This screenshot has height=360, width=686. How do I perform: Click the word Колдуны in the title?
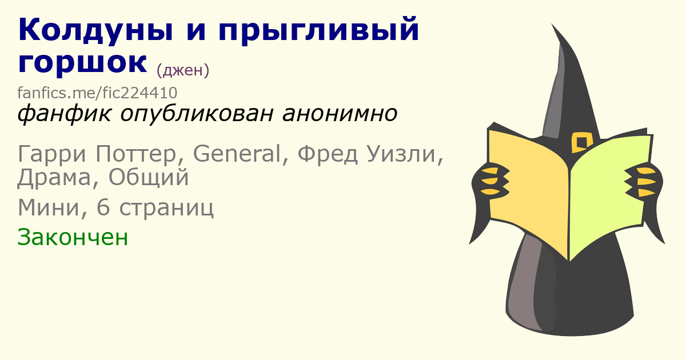click(95, 30)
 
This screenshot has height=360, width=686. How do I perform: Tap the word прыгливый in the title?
click(318, 31)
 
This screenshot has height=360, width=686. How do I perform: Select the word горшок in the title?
click(82, 63)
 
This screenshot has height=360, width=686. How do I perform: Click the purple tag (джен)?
click(183, 70)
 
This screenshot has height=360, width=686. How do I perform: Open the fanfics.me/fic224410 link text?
click(97, 93)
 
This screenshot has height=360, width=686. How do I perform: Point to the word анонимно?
click(340, 114)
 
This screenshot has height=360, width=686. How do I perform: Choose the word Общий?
click(149, 178)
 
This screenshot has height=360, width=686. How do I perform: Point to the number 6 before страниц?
click(103, 207)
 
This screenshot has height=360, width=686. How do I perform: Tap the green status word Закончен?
click(73, 237)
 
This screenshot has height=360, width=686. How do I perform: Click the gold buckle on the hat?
click(582, 142)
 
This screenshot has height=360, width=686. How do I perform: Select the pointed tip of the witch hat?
click(552, 24)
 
